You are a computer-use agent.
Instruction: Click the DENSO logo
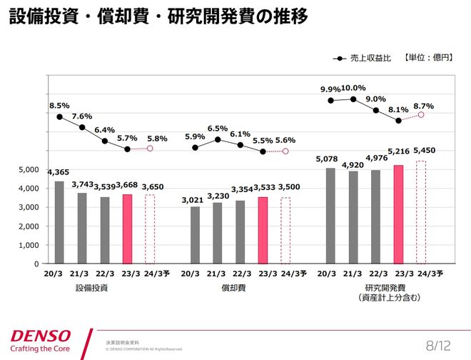pos(41,335)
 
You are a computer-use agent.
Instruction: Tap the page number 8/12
pos(438,346)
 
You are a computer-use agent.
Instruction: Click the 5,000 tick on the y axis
pos(29,170)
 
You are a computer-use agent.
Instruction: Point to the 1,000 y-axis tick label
pos(29,245)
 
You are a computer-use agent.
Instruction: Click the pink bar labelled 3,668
pos(127,229)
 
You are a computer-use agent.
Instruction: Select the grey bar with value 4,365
pos(59,222)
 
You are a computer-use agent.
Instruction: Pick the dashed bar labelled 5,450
pos(421,212)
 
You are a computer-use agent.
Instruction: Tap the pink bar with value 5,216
pos(398,214)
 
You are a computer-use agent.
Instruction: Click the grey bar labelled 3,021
pos(195,235)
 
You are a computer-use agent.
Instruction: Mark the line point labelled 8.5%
pos(59,116)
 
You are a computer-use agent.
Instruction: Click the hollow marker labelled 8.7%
pos(421,114)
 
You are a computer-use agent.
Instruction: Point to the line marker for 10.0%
pos(353,99)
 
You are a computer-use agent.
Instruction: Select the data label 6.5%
pos(218,129)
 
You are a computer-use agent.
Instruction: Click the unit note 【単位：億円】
pos(428,57)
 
